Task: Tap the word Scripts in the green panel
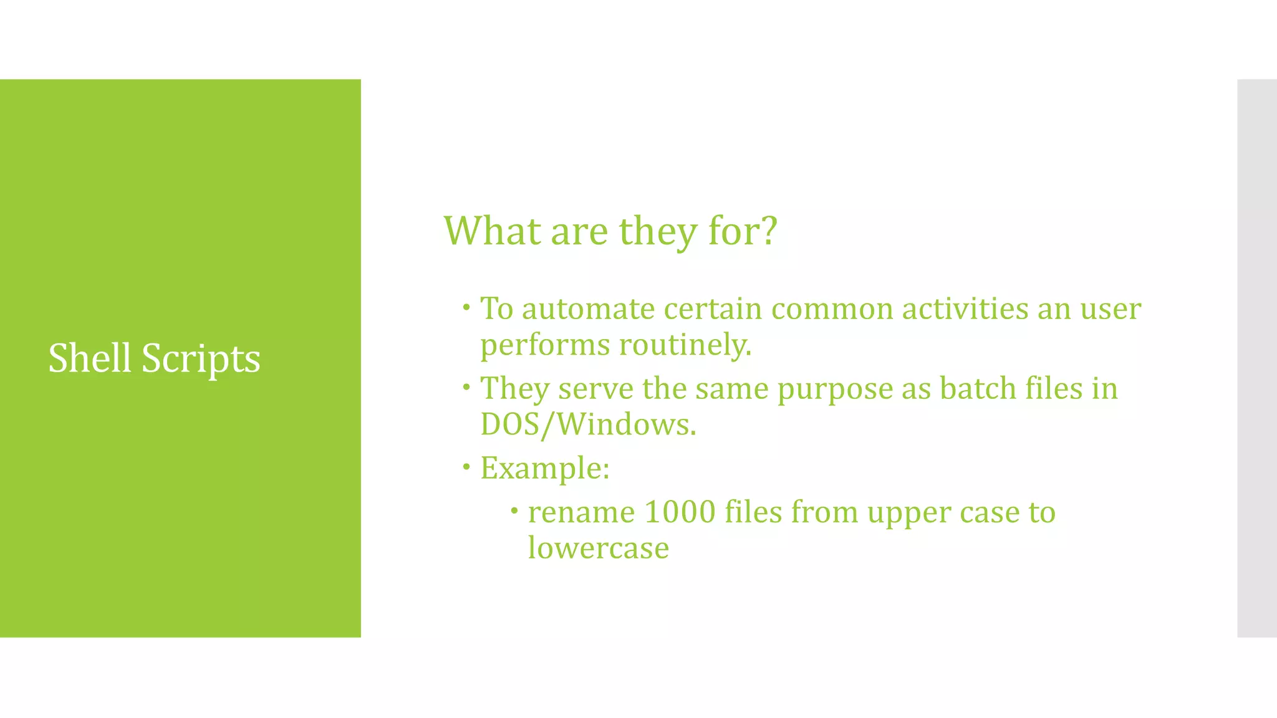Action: (x=201, y=360)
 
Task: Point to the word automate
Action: (x=588, y=309)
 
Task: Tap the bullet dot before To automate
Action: (x=466, y=307)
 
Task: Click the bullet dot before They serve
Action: (x=466, y=386)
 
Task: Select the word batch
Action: (x=978, y=389)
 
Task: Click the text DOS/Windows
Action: (x=587, y=425)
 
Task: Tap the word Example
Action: (x=544, y=469)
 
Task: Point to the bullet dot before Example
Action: (x=466, y=466)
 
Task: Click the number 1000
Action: (x=680, y=512)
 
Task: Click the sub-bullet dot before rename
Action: (x=514, y=511)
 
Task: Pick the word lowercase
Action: (x=598, y=548)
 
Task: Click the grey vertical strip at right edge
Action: (x=1256, y=358)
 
